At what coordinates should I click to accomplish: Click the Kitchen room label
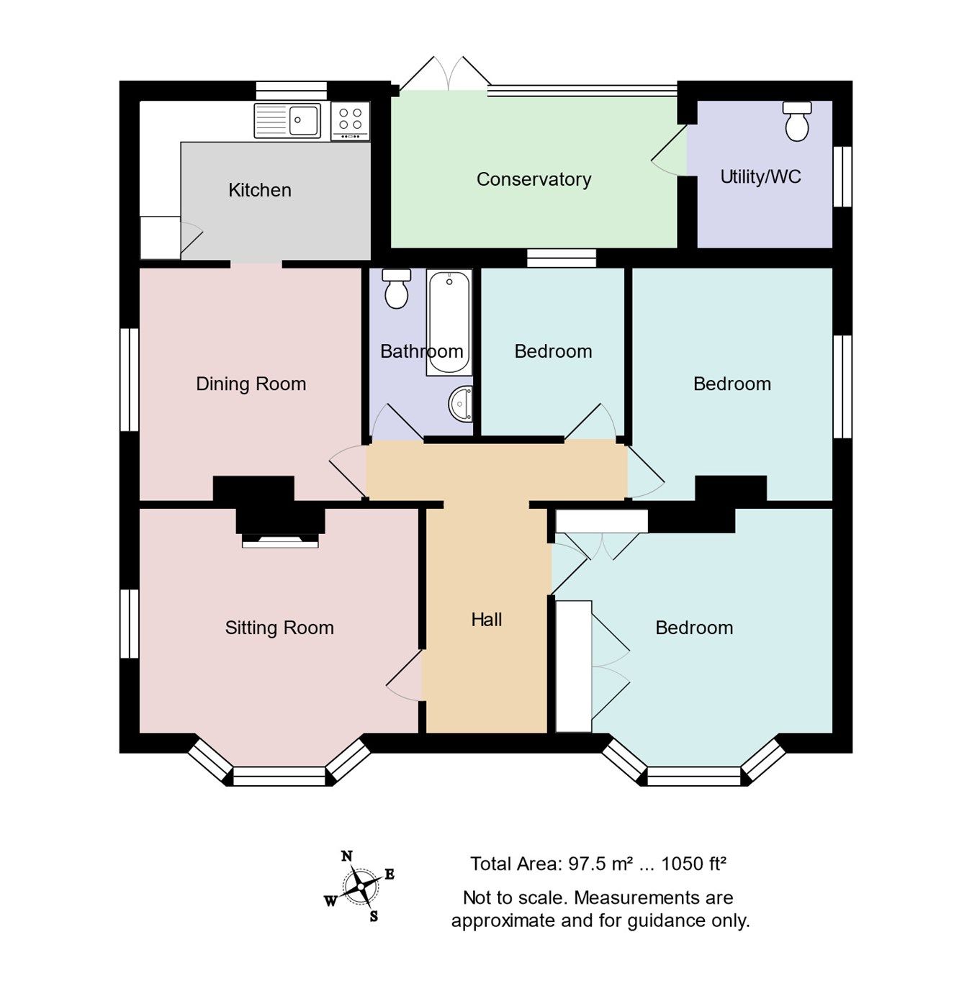pos(259,190)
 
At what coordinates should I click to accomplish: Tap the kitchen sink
pos(288,120)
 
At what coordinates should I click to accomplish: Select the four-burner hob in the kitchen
pos(351,120)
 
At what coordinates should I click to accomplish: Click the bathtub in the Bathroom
pos(449,322)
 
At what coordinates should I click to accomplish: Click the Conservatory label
pos(534,179)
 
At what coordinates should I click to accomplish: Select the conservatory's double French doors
pos(446,75)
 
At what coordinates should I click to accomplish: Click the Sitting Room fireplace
pos(280,533)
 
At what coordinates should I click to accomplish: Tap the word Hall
pos(486,620)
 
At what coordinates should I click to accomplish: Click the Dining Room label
pos(251,384)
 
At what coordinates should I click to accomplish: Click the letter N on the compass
pos(347,856)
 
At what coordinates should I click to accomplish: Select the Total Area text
pos(598,864)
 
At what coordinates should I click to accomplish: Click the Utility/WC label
pos(760,177)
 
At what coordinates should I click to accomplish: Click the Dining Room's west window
pos(130,379)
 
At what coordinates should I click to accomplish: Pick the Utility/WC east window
pos(842,177)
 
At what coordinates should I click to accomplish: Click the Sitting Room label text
pos(279,628)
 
